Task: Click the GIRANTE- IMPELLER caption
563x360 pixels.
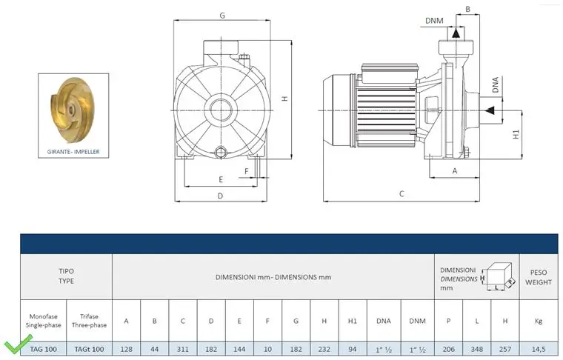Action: tap(73, 152)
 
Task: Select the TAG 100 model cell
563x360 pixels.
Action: tap(44, 349)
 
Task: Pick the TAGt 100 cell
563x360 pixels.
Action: tap(89, 349)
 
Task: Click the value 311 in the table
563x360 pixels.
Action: tap(182, 349)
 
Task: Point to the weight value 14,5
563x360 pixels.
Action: tap(539, 349)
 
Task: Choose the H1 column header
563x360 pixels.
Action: tap(352, 321)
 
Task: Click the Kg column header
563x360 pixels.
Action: tap(539, 321)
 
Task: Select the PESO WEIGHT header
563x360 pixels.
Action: tap(539, 277)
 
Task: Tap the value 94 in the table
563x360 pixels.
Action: tap(352, 349)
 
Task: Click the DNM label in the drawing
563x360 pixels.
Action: tap(434, 21)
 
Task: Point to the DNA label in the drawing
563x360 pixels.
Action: tap(496, 84)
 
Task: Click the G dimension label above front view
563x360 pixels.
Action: tap(222, 16)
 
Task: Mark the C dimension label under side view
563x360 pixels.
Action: tap(402, 194)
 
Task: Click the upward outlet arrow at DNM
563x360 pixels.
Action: tap(456, 33)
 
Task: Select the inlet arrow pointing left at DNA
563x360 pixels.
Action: tap(489, 110)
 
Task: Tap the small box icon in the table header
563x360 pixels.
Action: tap(499, 276)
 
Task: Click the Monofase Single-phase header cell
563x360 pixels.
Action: tap(44, 321)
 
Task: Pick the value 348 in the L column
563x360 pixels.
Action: tap(477, 349)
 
